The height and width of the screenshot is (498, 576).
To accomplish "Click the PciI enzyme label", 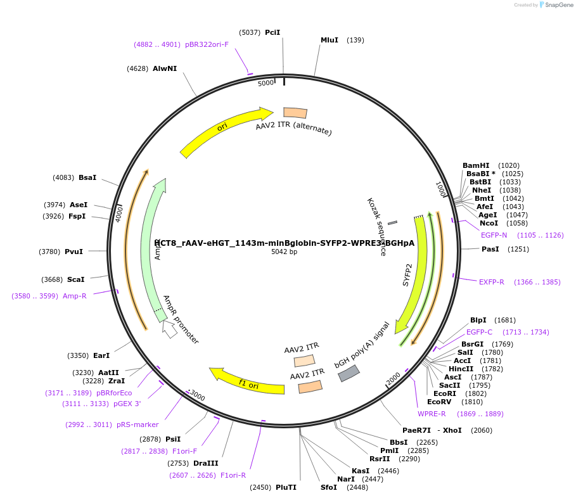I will [272, 32].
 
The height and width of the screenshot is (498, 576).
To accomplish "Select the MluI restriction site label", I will [330, 40].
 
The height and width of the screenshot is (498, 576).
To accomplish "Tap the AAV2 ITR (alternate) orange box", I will [295, 113].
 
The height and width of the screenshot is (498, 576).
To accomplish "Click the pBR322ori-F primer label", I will [207, 44].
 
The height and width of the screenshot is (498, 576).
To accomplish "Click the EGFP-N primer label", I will [494, 235].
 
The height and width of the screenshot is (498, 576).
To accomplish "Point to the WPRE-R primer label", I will [432, 414].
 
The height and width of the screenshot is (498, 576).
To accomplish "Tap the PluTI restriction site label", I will [286, 487].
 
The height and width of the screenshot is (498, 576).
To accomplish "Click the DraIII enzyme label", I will [206, 463].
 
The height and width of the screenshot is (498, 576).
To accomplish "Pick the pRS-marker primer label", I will [137, 425].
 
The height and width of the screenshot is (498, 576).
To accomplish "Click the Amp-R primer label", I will [74, 296].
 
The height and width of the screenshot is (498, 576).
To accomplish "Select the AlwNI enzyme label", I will [165, 68].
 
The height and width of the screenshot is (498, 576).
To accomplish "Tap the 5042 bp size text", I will [284, 252].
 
